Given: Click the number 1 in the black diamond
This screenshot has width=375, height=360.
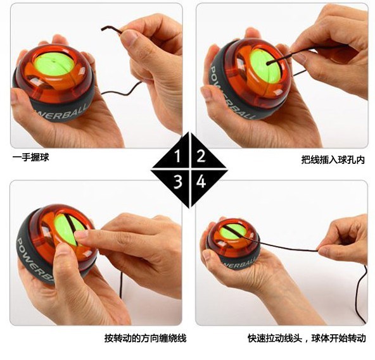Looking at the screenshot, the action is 177,156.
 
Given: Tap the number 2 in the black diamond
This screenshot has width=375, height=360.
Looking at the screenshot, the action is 201,156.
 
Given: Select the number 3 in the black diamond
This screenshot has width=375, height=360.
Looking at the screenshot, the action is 178,182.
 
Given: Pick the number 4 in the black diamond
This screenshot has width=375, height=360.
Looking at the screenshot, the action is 201,182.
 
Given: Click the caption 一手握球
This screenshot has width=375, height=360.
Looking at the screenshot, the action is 30,158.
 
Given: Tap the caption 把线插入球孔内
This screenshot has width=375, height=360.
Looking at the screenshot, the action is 333,160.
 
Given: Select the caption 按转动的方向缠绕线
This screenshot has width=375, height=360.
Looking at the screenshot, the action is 145,338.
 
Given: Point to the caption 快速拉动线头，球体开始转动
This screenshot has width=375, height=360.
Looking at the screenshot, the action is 307,338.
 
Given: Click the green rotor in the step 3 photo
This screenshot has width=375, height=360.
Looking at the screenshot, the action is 68,230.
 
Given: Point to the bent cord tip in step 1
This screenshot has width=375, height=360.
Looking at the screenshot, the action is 102,29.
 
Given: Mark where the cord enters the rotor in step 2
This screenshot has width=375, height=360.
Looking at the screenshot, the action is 268,63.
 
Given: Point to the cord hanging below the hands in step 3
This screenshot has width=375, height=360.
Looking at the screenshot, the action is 121,285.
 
